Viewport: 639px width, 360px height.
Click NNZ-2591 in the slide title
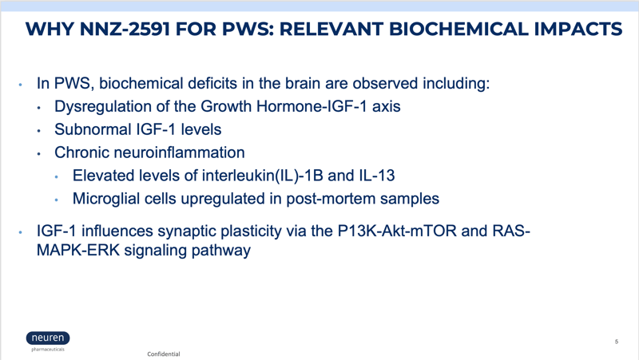point(125,30)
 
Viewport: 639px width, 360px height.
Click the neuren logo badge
point(48,338)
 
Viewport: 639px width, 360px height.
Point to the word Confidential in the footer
point(164,354)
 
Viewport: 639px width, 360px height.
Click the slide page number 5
point(617,342)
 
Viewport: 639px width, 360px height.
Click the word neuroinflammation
point(179,152)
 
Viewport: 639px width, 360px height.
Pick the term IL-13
point(377,176)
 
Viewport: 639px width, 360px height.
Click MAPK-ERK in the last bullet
point(78,250)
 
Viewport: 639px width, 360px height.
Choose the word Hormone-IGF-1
point(312,107)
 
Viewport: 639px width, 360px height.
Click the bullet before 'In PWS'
point(21,85)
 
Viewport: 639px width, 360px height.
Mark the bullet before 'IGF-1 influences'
point(21,232)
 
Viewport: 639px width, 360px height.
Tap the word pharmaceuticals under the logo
point(48,350)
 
